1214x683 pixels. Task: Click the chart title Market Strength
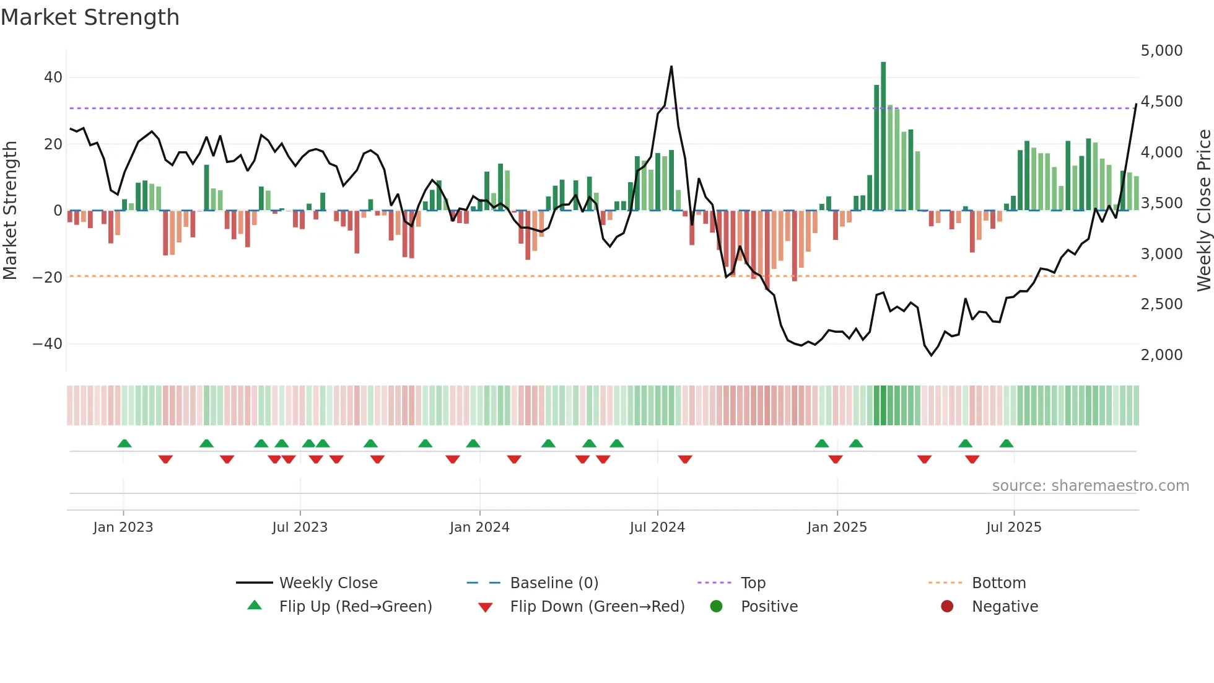point(90,17)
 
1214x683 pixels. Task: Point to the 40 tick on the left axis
point(53,77)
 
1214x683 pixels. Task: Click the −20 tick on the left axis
point(48,277)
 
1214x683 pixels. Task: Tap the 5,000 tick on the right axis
point(1161,51)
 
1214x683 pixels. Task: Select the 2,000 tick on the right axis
point(1161,355)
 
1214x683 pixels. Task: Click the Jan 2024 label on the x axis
point(479,527)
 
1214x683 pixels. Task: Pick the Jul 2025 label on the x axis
point(1013,527)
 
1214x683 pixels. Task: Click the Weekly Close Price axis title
point(1203,211)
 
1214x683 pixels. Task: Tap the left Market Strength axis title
point(11,211)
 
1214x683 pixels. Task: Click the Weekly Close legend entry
point(328,583)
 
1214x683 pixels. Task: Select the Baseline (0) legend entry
point(554,583)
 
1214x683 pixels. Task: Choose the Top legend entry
point(753,583)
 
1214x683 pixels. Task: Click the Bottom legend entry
point(998,583)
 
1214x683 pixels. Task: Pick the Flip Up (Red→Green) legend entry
point(355,607)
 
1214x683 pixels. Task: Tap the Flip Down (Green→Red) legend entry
point(597,607)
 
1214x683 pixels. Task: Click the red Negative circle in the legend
point(947,607)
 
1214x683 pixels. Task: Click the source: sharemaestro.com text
point(1090,486)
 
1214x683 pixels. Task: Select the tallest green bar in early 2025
point(883,136)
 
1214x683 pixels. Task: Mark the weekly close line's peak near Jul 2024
point(671,67)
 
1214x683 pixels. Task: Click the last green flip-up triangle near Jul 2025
point(1007,444)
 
